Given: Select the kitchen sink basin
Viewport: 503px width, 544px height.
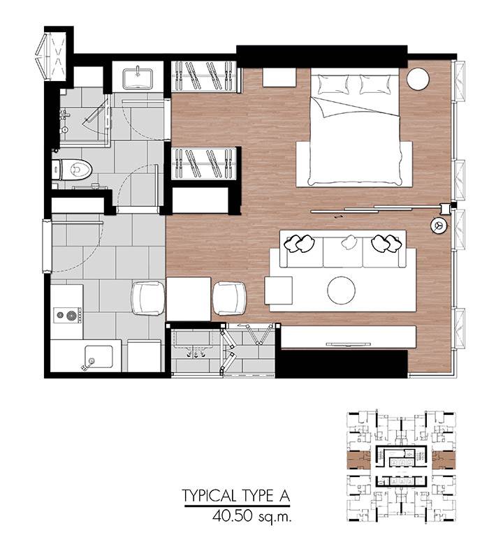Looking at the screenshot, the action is [99, 357].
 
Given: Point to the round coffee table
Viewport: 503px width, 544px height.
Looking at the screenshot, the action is [341, 291].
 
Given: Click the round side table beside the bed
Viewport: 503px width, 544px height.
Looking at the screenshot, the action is [418, 79].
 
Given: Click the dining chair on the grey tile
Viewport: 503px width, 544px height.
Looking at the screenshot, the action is [148, 298].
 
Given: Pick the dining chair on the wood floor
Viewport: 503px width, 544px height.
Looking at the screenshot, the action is [229, 298].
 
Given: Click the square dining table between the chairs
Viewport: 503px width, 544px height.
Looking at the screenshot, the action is [189, 299].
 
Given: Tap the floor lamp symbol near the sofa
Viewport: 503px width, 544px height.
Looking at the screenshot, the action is [439, 226].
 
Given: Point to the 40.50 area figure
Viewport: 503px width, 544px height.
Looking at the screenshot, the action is [232, 517].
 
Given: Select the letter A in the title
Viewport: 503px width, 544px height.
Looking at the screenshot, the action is [284, 496].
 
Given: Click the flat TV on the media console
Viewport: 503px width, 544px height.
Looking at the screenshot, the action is [348, 344].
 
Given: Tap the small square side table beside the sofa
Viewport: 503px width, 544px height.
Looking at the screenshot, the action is [279, 291].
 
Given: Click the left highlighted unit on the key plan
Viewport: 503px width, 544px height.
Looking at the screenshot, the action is [358, 460].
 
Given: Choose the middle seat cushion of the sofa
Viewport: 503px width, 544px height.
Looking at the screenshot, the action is [343, 252].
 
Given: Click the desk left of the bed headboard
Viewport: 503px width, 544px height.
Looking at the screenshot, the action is [279, 78].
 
